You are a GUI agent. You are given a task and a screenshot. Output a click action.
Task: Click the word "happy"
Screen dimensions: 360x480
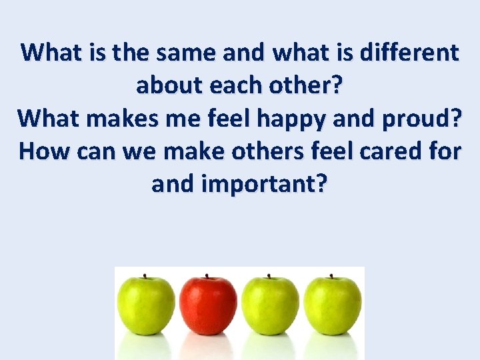coord(288,118)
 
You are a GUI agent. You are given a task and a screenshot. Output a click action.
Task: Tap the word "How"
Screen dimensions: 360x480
coord(44,151)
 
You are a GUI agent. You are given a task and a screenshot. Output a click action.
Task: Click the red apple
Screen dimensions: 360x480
coord(209,307)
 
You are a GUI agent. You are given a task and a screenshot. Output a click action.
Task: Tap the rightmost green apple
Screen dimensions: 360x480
coord(333,307)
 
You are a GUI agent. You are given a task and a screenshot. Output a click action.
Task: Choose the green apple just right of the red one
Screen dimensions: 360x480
coord(271,307)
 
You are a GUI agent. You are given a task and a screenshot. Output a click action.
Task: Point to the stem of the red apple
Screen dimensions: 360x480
coord(207,276)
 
